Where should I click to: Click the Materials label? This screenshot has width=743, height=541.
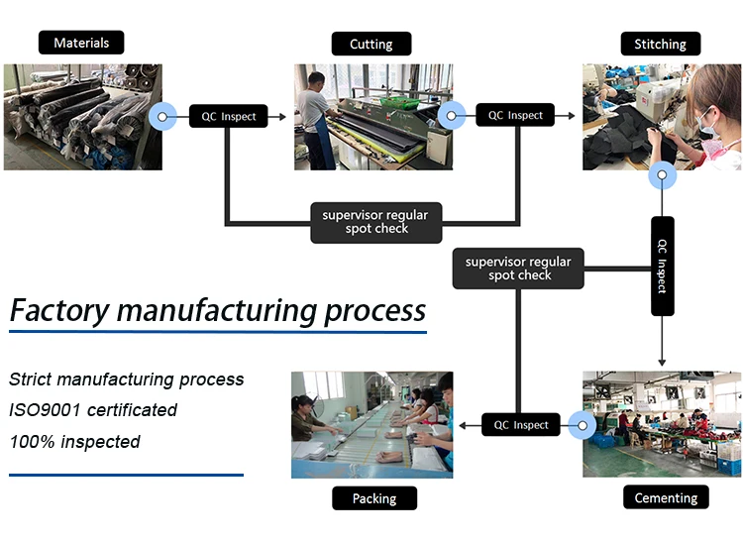pyautogui.click(x=81, y=43)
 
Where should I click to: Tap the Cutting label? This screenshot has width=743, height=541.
pyautogui.click(x=371, y=44)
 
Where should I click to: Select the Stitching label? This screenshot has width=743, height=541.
pyautogui.click(x=661, y=44)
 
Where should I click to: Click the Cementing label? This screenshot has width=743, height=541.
pyautogui.click(x=666, y=497)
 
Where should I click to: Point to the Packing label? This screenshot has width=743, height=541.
pyautogui.click(x=374, y=498)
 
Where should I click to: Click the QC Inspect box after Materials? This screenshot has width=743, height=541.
pyautogui.click(x=229, y=116)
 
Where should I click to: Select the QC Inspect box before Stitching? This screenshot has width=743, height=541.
pyautogui.click(x=515, y=115)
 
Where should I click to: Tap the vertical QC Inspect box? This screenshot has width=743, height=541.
pyautogui.click(x=663, y=266)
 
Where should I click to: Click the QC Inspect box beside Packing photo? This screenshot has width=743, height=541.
pyautogui.click(x=521, y=424)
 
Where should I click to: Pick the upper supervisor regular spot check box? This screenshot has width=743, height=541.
pyautogui.click(x=376, y=223)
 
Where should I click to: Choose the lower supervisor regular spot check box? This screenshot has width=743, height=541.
pyautogui.click(x=518, y=269)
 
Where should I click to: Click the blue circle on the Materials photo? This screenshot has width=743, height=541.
pyautogui.click(x=162, y=117)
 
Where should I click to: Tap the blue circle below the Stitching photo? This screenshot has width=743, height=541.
pyautogui.click(x=662, y=175)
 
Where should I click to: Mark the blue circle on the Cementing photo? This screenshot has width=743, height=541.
pyautogui.click(x=583, y=425)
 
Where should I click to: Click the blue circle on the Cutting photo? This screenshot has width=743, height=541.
pyautogui.click(x=451, y=115)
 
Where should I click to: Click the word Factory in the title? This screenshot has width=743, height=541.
pyautogui.click(x=59, y=311)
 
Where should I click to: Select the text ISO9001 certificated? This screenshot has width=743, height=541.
pyautogui.click(x=93, y=410)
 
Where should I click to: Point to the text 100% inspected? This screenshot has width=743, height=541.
pyautogui.click(x=75, y=442)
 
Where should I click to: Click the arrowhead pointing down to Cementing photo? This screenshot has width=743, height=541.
pyautogui.click(x=662, y=363)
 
